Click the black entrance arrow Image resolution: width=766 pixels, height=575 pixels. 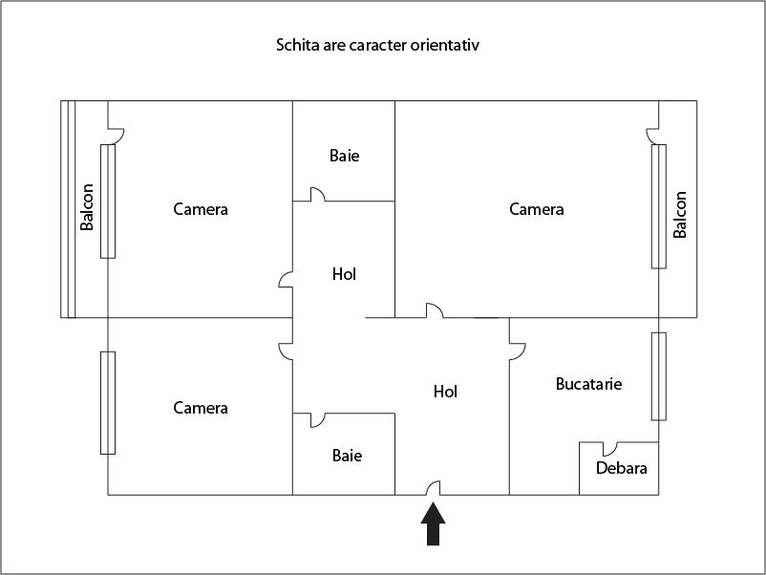[433, 524]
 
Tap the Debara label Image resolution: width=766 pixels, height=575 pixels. [622, 468]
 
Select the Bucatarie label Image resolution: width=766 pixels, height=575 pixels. [588, 384]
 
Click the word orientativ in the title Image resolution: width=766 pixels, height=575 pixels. [444, 45]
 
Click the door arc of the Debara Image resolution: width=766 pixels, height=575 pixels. [610, 449]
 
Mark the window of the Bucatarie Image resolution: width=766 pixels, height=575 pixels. [658, 376]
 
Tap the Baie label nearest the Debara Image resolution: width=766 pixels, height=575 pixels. [347, 456]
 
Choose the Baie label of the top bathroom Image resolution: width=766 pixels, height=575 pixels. [345, 156]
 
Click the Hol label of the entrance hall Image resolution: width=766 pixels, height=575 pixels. [445, 392]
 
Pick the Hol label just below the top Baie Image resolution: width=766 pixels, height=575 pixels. [344, 274]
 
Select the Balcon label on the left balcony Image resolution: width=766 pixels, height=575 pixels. [87, 206]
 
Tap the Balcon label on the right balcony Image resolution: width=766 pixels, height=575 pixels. [679, 215]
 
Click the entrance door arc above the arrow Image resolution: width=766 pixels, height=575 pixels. [433, 487]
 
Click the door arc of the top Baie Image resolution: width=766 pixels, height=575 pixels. [317, 194]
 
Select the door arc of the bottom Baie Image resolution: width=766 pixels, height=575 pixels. [317, 420]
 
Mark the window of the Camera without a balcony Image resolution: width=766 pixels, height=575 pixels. [108, 402]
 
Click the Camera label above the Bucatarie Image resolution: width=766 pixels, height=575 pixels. [537, 209]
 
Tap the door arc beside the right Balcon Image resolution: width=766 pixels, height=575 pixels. [652, 137]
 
